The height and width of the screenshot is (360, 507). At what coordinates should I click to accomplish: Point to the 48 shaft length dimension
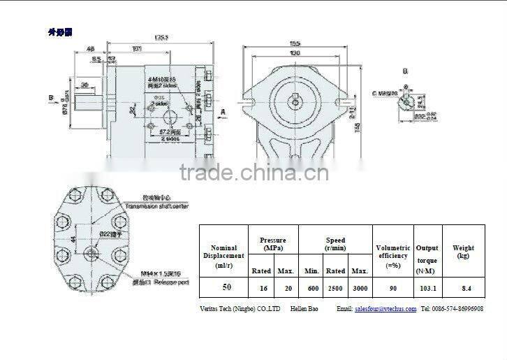[90, 49]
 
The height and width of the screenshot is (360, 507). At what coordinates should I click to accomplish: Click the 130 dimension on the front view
[296, 53]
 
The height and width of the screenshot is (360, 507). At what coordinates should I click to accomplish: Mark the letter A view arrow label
[223, 111]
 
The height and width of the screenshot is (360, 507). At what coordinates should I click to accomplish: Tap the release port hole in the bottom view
[91, 253]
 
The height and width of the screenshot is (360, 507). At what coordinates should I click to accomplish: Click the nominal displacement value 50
[227, 287]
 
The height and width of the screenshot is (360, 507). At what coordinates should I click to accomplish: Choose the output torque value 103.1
[427, 287]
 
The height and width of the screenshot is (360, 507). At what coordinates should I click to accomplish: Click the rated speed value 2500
[336, 287]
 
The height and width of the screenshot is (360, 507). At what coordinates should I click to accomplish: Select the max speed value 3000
[360, 287]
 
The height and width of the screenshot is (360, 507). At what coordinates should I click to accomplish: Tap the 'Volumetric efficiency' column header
[392, 256]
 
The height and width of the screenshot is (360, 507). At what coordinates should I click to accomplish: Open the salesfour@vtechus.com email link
[385, 308]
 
